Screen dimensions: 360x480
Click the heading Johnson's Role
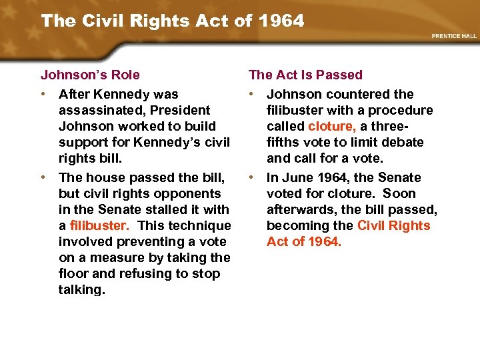(90, 75)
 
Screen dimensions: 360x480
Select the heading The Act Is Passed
(305, 75)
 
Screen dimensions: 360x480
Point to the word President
(181, 110)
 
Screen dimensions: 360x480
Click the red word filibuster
(99, 225)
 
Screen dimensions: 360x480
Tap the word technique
(199, 225)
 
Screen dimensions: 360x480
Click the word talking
(81, 289)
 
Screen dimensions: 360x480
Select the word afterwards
(301, 209)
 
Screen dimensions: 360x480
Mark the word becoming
(296, 225)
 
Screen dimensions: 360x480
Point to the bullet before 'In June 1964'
(252, 177)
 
